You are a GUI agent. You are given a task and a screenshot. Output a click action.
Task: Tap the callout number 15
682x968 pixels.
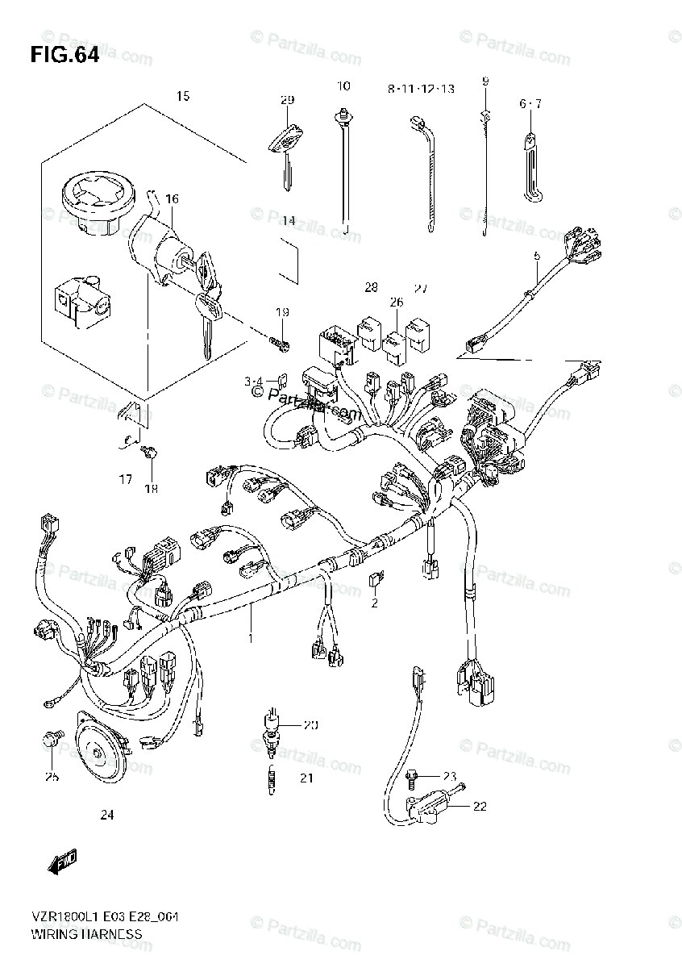183,96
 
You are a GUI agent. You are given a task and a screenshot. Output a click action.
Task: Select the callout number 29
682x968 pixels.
287,100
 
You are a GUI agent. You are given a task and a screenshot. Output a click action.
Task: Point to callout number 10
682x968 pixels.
344,86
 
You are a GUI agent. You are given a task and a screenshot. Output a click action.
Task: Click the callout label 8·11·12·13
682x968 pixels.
420,90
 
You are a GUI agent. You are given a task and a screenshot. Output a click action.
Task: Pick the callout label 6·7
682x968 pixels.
530,103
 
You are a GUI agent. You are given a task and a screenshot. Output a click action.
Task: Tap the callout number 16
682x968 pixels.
172,199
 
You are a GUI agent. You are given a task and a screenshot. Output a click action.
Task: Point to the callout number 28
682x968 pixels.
371,287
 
